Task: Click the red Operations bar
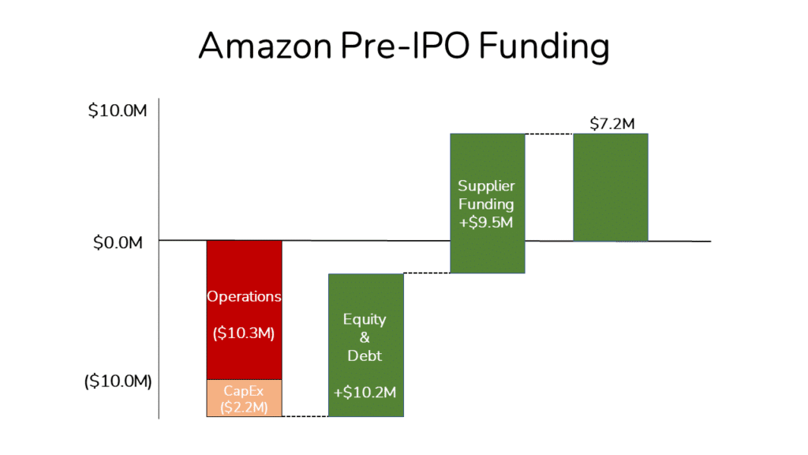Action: pyautogui.click(x=244, y=269)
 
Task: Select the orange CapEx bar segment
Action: pyautogui.click(x=244, y=398)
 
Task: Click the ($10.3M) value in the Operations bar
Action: pyautogui.click(x=244, y=333)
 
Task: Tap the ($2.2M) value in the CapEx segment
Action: pyautogui.click(x=244, y=408)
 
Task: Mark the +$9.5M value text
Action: pyautogui.click(x=487, y=222)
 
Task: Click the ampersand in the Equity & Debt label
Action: pyautogui.click(x=365, y=338)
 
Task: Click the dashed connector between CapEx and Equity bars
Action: pyautogui.click(x=305, y=416)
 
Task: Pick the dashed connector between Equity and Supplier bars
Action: pyautogui.click(x=427, y=273)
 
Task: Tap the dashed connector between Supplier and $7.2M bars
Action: pyautogui.click(x=549, y=134)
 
